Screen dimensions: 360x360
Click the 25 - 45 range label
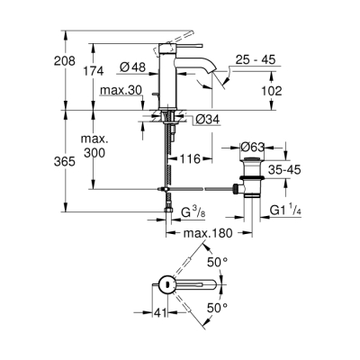(x=256, y=61)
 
